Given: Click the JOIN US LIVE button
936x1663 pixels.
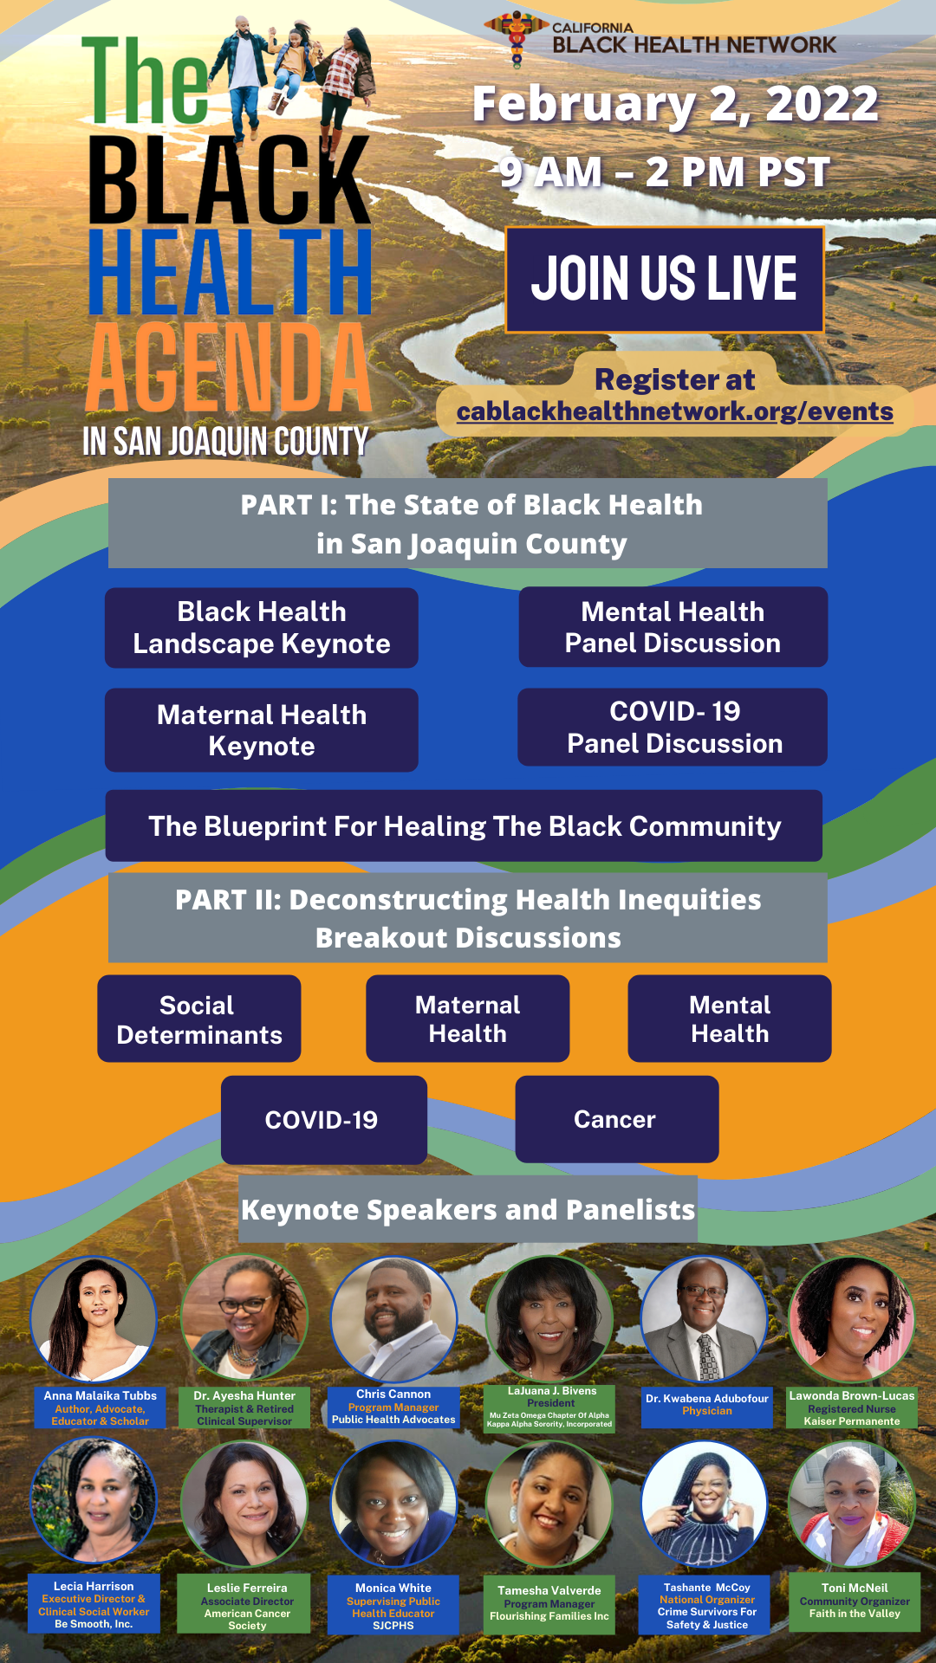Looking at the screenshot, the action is pos(664,280).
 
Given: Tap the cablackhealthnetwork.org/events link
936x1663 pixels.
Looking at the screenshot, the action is pos(675,411).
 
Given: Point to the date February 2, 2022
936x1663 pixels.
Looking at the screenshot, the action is pos(675,104).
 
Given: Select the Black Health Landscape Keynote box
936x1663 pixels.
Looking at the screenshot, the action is pos(262,628).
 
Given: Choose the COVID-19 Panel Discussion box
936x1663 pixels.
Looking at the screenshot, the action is pos(673,727).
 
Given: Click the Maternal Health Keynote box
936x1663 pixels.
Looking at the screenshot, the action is pos(262,730).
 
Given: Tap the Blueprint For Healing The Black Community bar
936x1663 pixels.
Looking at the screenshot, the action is pos(464,825).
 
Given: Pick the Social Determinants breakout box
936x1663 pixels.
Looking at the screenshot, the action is pos(199,1019).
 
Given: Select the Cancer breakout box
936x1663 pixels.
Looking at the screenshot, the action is pos(617,1119).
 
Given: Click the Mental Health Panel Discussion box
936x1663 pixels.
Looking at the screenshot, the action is pos(673,627).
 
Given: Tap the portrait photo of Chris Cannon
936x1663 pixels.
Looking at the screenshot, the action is pos(393,1319).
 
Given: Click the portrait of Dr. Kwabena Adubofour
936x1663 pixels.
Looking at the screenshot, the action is pos(704,1319).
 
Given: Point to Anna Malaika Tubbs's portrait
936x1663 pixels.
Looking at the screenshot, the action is pos(94,1319).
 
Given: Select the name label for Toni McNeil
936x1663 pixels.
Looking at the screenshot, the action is pos(855,1602).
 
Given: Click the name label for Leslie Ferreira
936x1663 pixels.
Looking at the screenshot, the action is pos(247,1604).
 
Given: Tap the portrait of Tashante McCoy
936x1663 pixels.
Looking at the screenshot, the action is pos(704,1504).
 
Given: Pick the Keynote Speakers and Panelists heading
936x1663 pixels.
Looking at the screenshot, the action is pos(468,1210).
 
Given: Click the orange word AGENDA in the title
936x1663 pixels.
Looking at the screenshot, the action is pos(229,367).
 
